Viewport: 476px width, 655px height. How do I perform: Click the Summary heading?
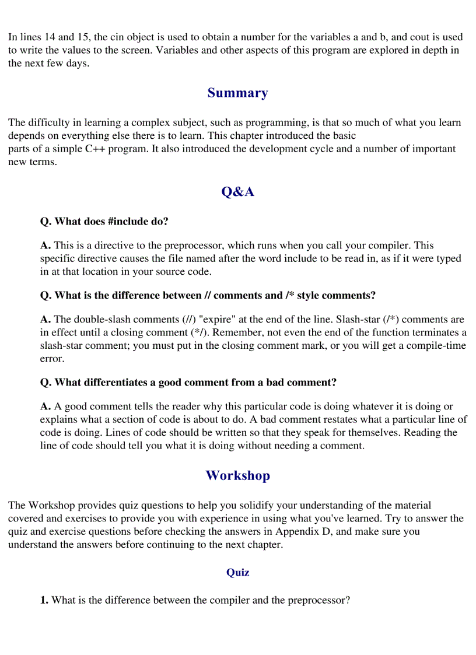pos(237,93)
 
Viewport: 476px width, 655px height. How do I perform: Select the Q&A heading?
pos(237,192)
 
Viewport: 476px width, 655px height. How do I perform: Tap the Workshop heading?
pos(237,475)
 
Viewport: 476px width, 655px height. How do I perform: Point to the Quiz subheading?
pos(237,572)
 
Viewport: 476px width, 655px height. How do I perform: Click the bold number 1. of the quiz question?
pos(44,600)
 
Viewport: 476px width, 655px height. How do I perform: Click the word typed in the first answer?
pos(449,258)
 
